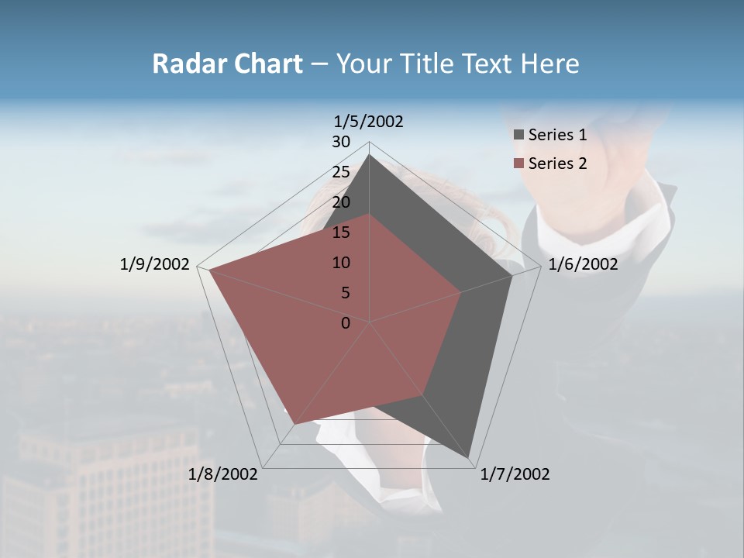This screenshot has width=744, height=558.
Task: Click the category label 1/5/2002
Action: coord(368,122)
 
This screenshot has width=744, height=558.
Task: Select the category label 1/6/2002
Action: coord(583,265)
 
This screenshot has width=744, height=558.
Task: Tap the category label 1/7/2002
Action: coord(515,474)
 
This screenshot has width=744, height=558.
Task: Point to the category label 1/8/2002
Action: coord(223,474)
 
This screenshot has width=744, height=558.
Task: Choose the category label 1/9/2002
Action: coord(154,265)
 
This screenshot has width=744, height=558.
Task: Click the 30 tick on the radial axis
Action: coord(341,142)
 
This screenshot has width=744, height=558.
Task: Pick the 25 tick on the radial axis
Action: coord(341,172)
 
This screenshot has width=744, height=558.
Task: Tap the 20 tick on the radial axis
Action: coord(341,202)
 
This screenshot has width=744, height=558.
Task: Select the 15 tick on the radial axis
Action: coord(341,232)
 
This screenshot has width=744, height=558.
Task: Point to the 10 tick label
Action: coord(341,263)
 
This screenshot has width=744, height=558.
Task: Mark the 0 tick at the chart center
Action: coord(346,323)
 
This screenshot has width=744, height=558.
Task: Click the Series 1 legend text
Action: coord(557,135)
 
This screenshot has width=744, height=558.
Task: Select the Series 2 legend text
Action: coord(557,164)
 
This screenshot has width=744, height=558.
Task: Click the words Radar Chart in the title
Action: coord(227,64)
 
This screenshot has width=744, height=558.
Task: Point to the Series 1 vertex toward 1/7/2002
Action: coord(469,458)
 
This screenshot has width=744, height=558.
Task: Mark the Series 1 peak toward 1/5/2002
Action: coord(370,155)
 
